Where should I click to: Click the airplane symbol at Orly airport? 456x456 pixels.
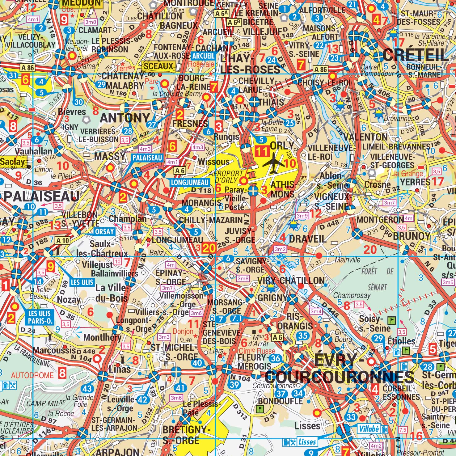(x=274, y=163)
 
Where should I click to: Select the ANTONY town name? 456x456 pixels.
(x=125, y=118)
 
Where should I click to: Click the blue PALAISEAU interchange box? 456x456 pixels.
(x=147, y=158)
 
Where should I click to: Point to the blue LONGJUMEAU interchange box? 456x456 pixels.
(x=189, y=182)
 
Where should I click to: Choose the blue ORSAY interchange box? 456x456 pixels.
(x=104, y=231)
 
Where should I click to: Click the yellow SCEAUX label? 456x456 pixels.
(x=159, y=66)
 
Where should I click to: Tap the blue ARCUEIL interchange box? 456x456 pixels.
(x=203, y=56)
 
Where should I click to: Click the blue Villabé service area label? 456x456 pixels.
(x=369, y=429)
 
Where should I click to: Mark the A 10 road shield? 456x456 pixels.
(x=62, y=240)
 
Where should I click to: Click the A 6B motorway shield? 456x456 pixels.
(x=234, y=22)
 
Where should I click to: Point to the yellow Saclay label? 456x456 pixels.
(x=13, y=162)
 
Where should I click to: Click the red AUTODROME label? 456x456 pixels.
(x=32, y=375)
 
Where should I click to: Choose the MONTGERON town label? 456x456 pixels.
(x=380, y=220)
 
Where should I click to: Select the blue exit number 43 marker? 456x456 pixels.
(x=87, y=389)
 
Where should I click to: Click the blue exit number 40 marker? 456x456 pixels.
(x=197, y=363)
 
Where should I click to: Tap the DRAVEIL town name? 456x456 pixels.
(x=307, y=239)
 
